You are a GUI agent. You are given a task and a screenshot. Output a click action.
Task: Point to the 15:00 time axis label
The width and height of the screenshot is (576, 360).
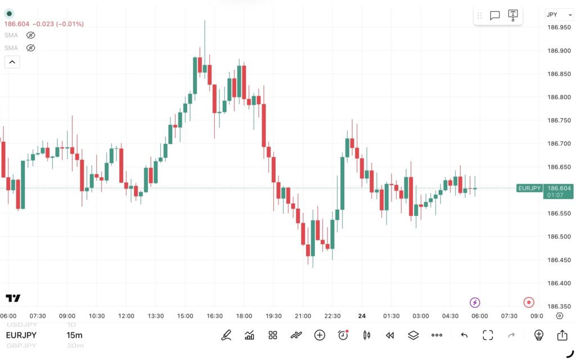tap(185, 316)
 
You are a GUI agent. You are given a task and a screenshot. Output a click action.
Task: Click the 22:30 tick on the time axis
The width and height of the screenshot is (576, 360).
tap(332, 316)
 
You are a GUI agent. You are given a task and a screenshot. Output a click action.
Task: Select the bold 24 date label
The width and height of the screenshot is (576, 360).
tap(362, 316)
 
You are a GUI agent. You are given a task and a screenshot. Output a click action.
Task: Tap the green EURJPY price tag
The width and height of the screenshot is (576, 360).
tap(529, 188)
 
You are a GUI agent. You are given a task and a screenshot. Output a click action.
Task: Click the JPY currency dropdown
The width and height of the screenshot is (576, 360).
tap(559, 15)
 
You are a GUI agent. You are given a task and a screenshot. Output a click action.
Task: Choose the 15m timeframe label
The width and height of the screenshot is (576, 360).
tap(74, 335)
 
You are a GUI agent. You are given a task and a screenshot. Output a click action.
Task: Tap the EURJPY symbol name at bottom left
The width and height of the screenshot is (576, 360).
tap(21, 335)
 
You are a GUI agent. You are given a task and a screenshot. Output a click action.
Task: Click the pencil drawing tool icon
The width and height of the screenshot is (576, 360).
tap(226, 335)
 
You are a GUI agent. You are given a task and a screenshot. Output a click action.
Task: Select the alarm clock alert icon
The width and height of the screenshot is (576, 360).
tap(343, 335)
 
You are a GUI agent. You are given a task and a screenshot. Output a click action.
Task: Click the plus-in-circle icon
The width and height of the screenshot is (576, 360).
tap(319, 335)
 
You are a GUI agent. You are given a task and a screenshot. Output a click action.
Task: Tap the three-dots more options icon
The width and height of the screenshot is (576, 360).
tap(436, 335)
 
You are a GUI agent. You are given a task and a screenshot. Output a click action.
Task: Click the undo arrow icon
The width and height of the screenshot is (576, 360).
tap(464, 335)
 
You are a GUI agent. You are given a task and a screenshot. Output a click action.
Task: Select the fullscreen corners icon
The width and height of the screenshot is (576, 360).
tap(488, 335)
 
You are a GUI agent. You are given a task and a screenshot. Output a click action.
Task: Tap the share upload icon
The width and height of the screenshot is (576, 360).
tap(562, 335)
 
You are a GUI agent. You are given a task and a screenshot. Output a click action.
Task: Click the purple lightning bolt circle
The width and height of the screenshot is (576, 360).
tap(475, 303)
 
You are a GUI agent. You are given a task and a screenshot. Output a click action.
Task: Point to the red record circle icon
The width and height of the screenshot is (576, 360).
tap(529, 303)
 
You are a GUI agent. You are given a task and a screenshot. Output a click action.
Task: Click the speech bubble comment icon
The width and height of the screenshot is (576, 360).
tap(495, 15)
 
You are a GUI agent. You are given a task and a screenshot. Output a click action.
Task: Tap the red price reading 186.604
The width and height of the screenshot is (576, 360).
tap(17, 24)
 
